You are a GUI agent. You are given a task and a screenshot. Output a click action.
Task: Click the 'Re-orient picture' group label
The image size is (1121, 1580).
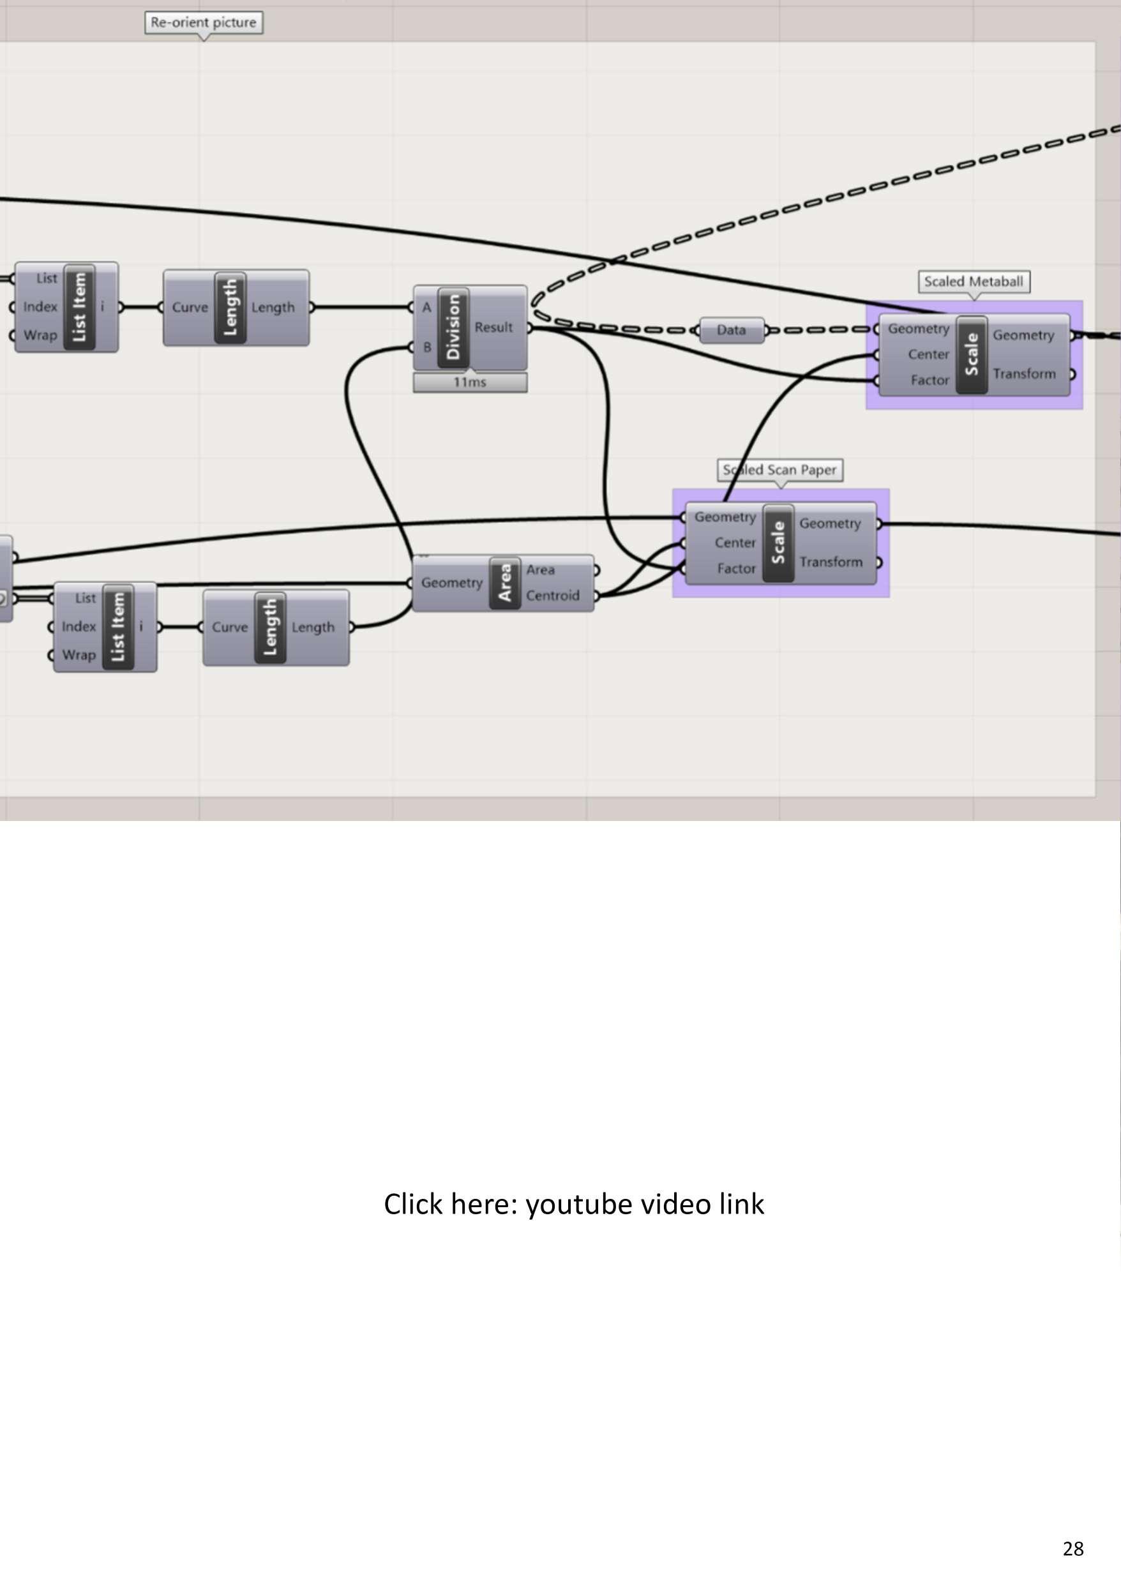(x=204, y=22)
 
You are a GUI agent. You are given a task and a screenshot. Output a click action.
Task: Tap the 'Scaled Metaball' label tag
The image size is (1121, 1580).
(x=974, y=282)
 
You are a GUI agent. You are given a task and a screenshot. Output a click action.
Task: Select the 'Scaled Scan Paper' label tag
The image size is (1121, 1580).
(x=780, y=470)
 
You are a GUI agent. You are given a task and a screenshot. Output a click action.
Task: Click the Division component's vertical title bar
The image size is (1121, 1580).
(x=453, y=327)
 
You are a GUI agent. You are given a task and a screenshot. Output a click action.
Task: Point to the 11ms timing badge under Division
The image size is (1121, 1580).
(x=470, y=382)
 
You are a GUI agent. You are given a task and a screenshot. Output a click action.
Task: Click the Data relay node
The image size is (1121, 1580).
(x=731, y=330)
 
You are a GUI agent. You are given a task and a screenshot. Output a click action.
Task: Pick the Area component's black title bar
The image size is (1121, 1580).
(x=504, y=583)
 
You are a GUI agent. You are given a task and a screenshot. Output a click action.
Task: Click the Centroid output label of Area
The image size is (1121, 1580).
(x=552, y=596)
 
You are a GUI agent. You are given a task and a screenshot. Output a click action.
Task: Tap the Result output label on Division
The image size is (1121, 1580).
(x=493, y=327)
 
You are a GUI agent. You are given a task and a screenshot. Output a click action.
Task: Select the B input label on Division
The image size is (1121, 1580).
(x=426, y=347)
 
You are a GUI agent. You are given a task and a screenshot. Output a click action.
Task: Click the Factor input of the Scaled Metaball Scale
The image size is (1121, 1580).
(x=929, y=380)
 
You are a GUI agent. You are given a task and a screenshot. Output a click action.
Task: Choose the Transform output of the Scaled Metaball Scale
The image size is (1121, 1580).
(x=1024, y=374)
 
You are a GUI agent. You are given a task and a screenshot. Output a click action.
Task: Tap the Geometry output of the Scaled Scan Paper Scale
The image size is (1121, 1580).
(x=830, y=524)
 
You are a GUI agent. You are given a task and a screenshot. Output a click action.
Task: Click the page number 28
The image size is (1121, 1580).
(x=1072, y=1548)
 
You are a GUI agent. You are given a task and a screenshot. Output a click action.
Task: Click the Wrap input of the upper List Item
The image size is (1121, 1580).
(x=40, y=335)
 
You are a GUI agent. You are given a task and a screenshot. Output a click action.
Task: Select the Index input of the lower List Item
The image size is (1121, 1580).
(x=79, y=627)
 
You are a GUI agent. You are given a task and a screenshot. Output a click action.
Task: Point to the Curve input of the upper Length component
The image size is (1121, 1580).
(x=190, y=308)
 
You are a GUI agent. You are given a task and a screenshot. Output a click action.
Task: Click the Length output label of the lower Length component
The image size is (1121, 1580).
(x=313, y=628)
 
